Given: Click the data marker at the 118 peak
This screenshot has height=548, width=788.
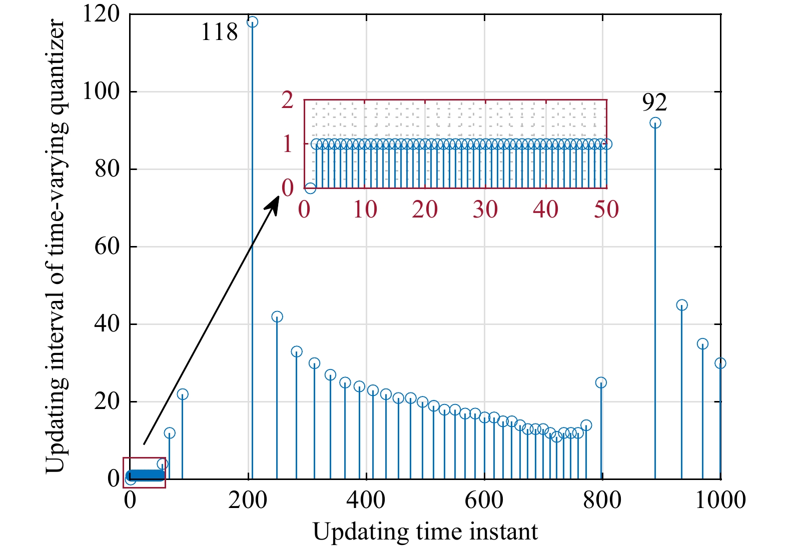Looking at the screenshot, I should pyautogui.click(x=253, y=22).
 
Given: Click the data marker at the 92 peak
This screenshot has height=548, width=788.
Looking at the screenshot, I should pyautogui.click(x=655, y=123).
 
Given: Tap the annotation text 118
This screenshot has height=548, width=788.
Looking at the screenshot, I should pyautogui.click(x=219, y=32).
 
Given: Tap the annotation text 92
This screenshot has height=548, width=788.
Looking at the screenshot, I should pyautogui.click(x=654, y=102).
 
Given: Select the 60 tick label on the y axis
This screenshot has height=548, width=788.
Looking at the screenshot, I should pyautogui.click(x=107, y=246).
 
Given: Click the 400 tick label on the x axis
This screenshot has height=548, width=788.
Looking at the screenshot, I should pyautogui.click(x=366, y=499).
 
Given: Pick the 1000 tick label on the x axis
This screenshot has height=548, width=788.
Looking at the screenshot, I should pyautogui.click(x=720, y=499).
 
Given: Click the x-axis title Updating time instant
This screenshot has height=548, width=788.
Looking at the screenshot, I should pyautogui.click(x=425, y=531).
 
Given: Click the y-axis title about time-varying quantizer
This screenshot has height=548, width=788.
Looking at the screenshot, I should pyautogui.click(x=55, y=246).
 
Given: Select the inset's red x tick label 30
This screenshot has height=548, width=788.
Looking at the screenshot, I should pyautogui.click(x=485, y=209).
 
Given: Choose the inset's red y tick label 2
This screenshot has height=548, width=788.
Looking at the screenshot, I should pyautogui.click(x=287, y=100).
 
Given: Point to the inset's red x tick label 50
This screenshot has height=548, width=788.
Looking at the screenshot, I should pyautogui.click(x=606, y=209).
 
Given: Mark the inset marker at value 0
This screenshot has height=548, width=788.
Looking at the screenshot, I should pyautogui.click(x=310, y=188).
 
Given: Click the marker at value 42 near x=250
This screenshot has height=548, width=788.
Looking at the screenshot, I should pyautogui.click(x=277, y=316).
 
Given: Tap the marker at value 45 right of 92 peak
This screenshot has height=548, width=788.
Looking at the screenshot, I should pyautogui.click(x=681, y=305).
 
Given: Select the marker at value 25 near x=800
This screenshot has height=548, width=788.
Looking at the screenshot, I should pyautogui.click(x=601, y=382).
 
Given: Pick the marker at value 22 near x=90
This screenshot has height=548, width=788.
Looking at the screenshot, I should pyautogui.click(x=183, y=394).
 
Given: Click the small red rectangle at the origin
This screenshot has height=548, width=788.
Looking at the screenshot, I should pyautogui.click(x=144, y=472).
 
